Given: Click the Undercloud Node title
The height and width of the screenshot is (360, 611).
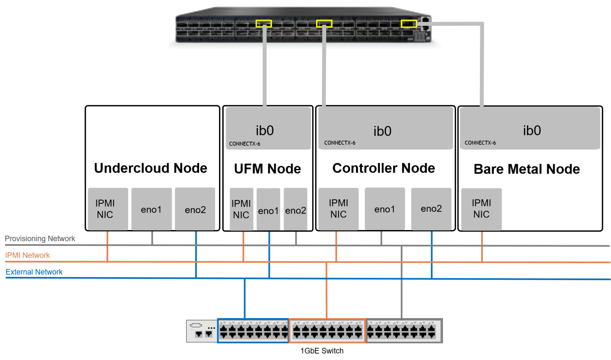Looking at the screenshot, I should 151,168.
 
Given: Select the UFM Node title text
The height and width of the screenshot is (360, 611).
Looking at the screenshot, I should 267,169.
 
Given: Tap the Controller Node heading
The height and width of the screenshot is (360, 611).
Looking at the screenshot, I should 384,168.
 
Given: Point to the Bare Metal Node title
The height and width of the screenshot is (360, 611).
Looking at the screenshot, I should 527,169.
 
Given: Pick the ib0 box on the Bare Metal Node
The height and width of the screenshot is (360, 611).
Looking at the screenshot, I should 530,128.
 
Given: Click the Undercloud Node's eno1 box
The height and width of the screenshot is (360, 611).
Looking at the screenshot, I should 151,209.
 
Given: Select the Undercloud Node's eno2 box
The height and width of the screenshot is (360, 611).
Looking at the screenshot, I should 195,209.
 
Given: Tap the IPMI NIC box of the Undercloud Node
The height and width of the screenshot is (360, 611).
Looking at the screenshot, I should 108,209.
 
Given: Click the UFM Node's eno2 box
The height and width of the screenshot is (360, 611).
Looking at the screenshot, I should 295,210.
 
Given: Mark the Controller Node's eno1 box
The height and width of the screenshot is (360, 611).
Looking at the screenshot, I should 385,209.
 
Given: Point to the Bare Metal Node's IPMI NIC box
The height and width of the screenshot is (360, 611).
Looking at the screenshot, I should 482,209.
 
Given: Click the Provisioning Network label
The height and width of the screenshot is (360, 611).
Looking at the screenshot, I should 40,239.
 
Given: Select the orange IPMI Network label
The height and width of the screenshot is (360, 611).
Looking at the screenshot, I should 28,255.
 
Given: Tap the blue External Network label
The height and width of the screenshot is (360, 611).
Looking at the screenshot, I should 34,272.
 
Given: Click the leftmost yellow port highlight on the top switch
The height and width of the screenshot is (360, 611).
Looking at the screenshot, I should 263,23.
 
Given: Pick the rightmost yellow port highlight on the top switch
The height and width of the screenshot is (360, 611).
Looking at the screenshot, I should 409,23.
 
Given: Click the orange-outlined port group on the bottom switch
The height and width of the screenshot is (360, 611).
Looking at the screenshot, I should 327,331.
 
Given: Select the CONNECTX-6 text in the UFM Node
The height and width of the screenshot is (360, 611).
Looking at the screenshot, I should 245,144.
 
